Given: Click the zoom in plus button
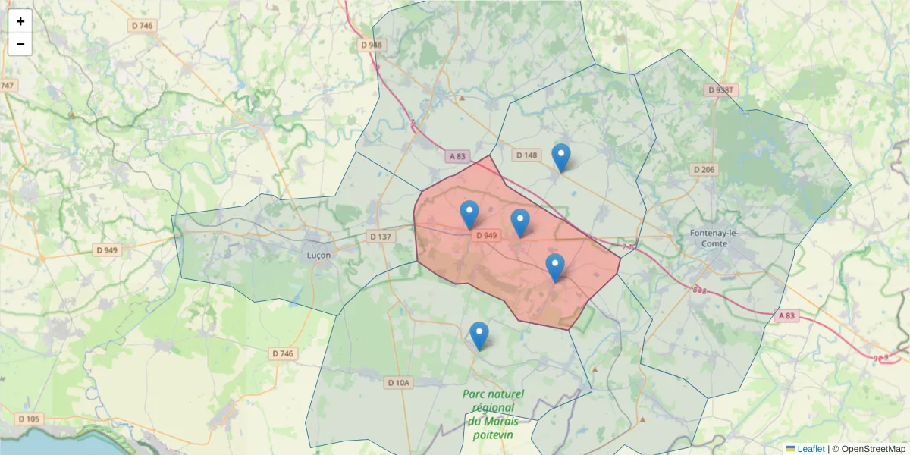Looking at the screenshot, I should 20,21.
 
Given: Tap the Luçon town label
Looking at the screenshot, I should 318,255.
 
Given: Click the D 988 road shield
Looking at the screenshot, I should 372,45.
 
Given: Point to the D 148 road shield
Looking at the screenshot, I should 526,155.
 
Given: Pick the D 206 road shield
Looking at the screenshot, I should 704,169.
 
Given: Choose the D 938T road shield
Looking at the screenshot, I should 721,89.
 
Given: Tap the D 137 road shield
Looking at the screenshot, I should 381,237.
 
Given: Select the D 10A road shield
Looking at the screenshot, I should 397,383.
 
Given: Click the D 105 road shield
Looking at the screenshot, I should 28,419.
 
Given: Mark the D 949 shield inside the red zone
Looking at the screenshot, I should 486,236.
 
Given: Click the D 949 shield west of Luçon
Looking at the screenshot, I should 107,249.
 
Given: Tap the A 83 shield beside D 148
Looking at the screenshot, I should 458,156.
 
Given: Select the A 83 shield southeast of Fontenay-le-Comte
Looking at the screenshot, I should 788,315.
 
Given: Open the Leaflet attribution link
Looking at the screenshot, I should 810,449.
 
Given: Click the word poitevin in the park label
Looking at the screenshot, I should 493,435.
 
